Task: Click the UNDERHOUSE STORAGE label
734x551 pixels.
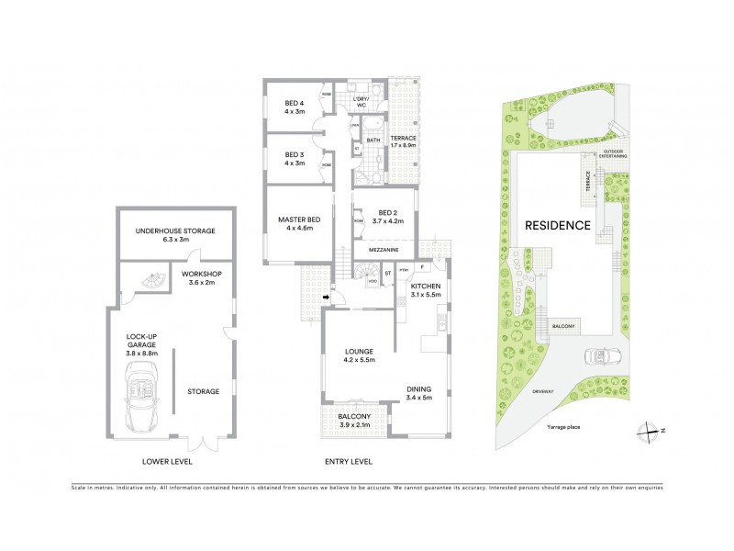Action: pyautogui.click(x=174, y=231)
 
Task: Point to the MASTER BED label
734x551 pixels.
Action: pyautogui.click(x=299, y=218)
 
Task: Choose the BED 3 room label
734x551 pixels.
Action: pyautogui.click(x=294, y=154)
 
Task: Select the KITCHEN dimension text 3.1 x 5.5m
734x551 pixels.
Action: pyautogui.click(x=426, y=296)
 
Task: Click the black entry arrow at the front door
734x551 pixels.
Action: pyautogui.click(x=325, y=297)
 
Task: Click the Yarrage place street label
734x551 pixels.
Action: pyautogui.click(x=562, y=427)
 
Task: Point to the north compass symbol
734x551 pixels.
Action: pyautogui.click(x=649, y=430)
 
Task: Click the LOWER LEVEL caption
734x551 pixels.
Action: pyautogui.click(x=168, y=461)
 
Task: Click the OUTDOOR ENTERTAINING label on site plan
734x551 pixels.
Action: pyautogui.click(x=614, y=153)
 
